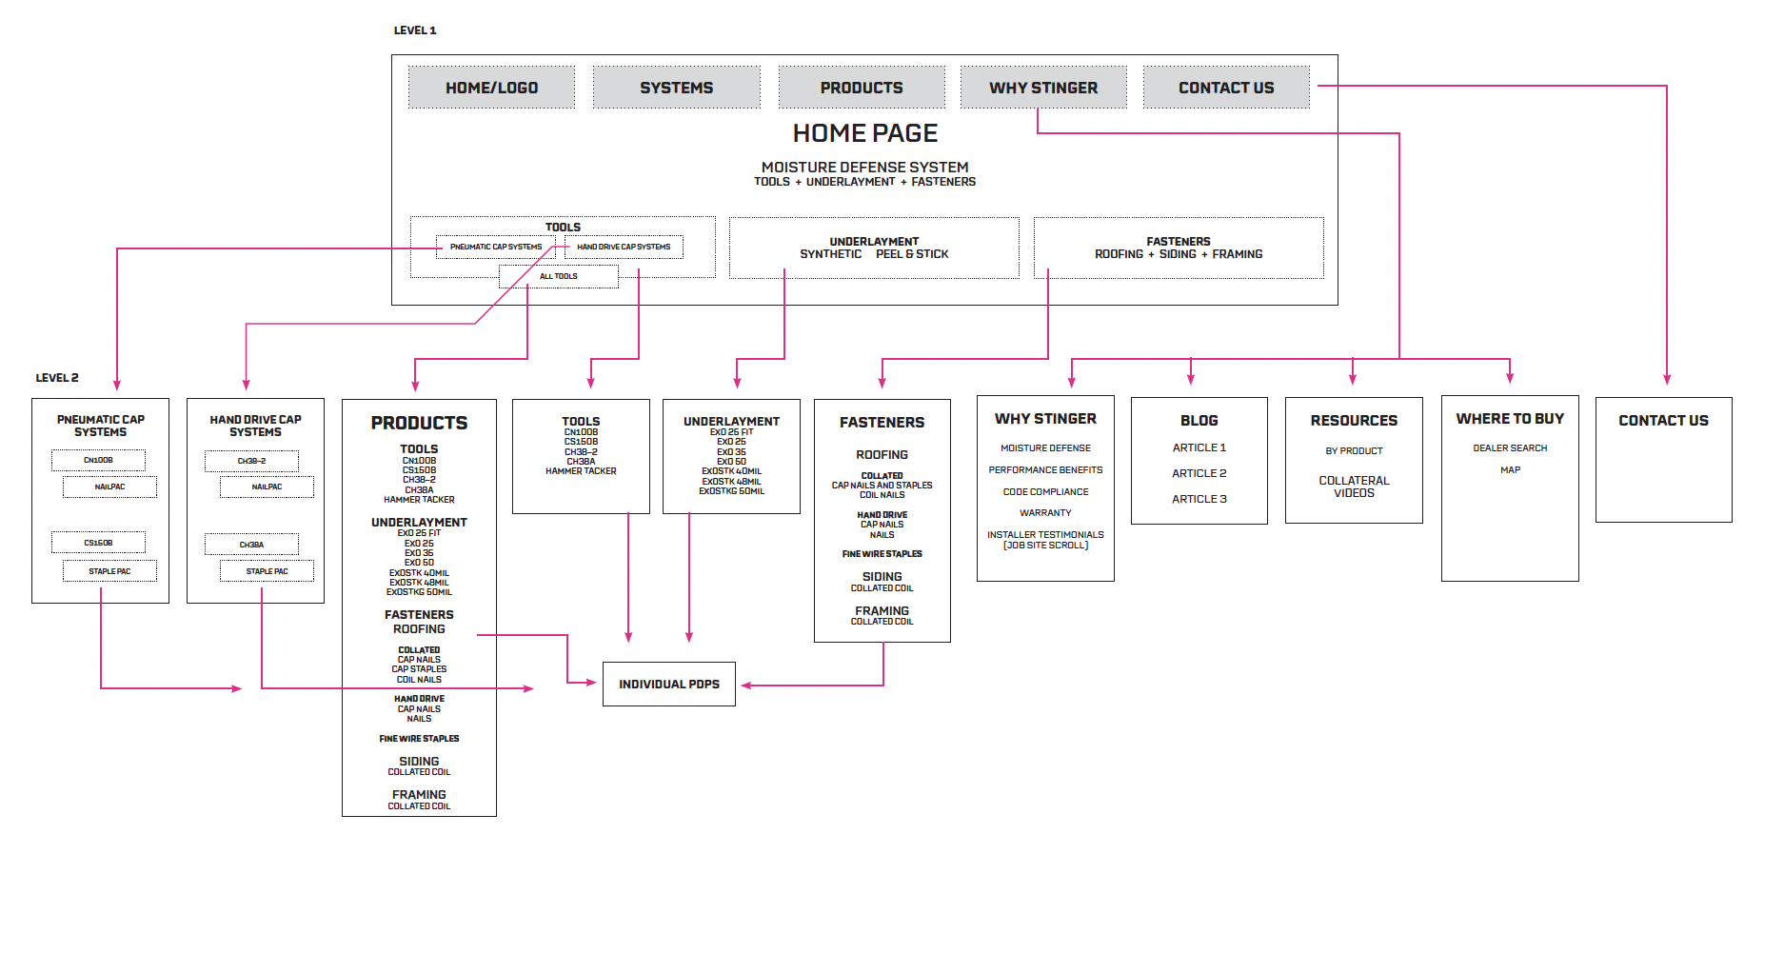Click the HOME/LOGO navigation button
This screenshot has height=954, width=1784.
pos(491,88)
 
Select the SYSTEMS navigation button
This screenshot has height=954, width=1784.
pos(676,88)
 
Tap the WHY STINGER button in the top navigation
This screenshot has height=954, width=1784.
pos(1043,88)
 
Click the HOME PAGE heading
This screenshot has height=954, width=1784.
pos(864,133)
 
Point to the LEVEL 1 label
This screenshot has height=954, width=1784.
pos(415,30)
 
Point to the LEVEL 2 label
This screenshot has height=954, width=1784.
pos(57,378)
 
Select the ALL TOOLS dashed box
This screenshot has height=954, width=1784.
pos(559,276)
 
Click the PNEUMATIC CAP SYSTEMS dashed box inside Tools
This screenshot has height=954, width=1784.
pos(495,247)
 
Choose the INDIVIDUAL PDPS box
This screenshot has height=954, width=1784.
pos(669,684)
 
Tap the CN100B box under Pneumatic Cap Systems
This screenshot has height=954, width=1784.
pos(98,460)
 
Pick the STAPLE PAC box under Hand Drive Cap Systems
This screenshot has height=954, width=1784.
pos(267,571)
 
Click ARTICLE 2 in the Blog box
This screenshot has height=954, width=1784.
pos(1199,473)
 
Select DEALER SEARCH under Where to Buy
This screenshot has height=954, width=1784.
pos(1510,447)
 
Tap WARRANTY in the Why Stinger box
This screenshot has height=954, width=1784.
pos(1045,512)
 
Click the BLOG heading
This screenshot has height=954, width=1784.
pos(1199,420)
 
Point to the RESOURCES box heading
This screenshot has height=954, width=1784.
pos(1354,420)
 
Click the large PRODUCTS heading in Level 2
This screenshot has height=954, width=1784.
pos(419,423)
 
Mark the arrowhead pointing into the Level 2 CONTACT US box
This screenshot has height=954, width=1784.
pos(1667,379)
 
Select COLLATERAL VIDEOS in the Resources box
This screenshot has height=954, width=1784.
pos(1354,487)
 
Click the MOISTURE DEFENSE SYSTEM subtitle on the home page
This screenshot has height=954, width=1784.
pos(864,167)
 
